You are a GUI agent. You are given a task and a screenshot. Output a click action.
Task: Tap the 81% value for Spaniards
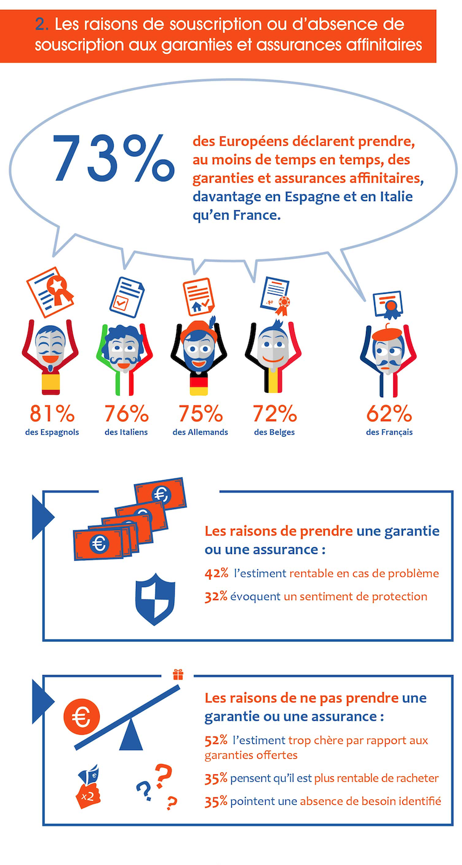pos(51,413)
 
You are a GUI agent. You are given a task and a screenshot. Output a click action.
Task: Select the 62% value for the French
pos(389,413)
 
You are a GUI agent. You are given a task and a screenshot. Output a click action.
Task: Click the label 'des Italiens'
pos(126,432)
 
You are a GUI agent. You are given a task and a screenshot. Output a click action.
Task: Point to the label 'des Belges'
pos(274,432)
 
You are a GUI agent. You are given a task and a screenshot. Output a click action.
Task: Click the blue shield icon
pos(154,599)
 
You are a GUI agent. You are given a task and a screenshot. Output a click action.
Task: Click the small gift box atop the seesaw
pos(178,674)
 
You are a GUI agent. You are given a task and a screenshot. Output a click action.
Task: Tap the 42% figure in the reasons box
pos(217,574)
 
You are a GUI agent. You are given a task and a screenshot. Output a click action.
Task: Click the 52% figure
pos(217,740)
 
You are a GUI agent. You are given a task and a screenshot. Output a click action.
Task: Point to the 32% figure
pos(217,596)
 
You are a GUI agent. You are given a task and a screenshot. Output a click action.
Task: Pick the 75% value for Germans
pos(201,413)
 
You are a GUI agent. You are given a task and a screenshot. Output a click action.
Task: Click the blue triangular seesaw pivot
pos(131,738)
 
